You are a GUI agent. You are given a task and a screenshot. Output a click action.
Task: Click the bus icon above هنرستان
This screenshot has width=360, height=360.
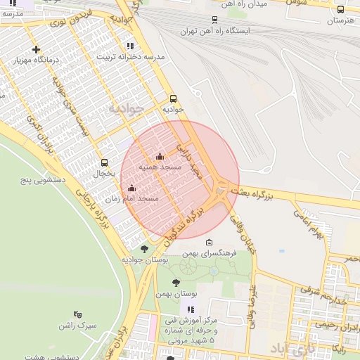pyautogui.click(x=341, y=10)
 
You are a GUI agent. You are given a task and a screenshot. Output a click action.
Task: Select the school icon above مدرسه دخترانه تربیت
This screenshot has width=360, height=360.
pyautogui.click(x=130, y=46)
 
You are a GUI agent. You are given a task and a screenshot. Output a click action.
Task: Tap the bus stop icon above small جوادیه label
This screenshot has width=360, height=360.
pyautogui.click(x=173, y=98)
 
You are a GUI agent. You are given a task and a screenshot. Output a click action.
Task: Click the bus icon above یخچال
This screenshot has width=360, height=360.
pyautogui.click(x=104, y=162)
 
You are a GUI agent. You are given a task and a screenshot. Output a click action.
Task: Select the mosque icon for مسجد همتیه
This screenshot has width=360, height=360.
pyautogui.click(x=160, y=157)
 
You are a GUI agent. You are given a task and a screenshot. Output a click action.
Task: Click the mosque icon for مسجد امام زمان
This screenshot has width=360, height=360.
pyautogui.click(x=131, y=188)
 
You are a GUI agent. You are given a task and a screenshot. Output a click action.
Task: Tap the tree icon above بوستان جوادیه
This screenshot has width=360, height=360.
pyautogui.click(x=144, y=248)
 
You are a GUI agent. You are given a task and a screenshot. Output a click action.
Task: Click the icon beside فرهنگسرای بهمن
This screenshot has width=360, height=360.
pyautogui.click(x=209, y=243)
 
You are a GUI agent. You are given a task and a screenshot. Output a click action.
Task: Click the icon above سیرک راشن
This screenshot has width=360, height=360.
pyautogui.click(x=77, y=314)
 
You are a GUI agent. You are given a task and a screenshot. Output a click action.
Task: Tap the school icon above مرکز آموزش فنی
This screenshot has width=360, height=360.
pyautogui.click(x=190, y=309)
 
